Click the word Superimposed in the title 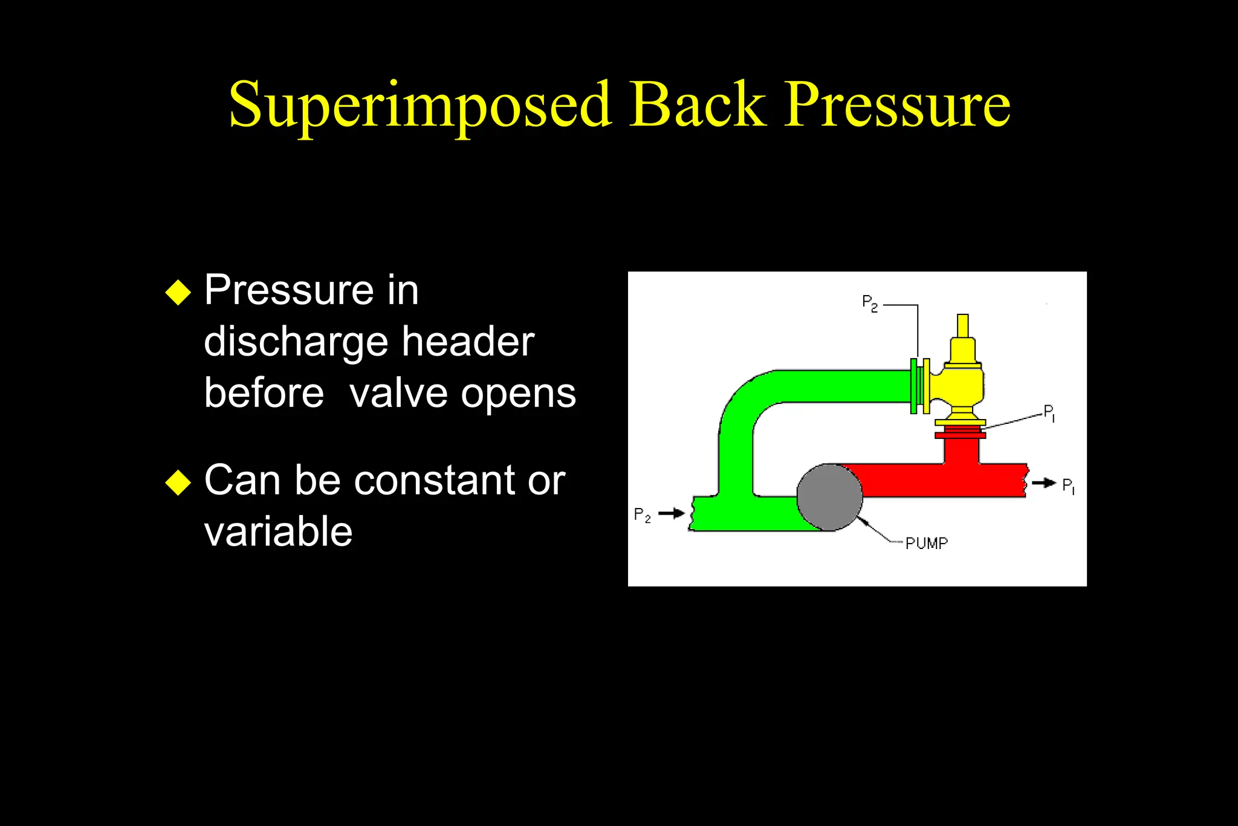[420, 105]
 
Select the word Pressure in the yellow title [897, 105]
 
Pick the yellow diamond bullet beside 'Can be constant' [178, 483]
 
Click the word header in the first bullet [468, 342]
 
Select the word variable [278, 532]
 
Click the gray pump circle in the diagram [829, 497]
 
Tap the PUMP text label [926, 544]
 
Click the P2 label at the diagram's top [870, 303]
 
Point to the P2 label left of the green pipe [643, 515]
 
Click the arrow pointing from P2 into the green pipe [671, 513]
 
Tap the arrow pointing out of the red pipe [1043, 483]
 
